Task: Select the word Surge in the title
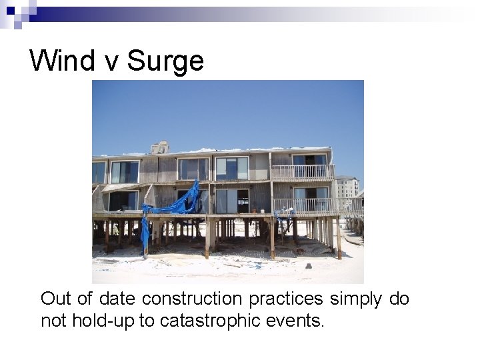[165, 61]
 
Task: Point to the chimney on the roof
[160, 147]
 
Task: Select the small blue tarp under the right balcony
[283, 215]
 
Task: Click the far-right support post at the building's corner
[339, 237]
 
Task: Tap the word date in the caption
[120, 299]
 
